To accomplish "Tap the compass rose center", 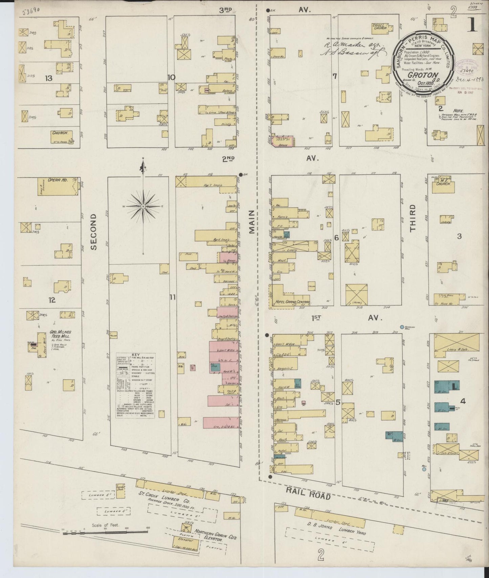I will (x=143, y=206).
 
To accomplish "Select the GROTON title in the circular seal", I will (x=423, y=75).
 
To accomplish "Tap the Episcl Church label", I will (x=381, y=28).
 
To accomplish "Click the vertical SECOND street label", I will (x=94, y=232).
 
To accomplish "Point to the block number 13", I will (x=49, y=78).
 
